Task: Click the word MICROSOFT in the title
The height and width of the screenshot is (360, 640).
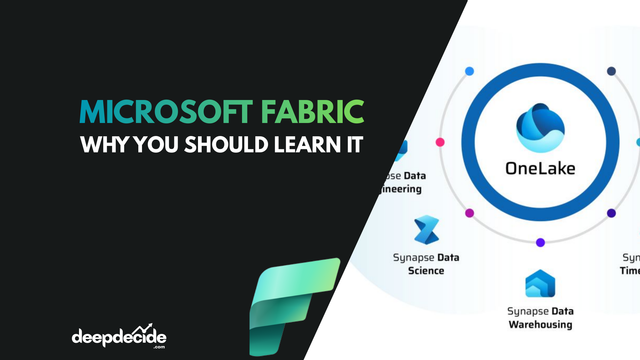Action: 166,112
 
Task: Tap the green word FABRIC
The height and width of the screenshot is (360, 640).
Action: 312,112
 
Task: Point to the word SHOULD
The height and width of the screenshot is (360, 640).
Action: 226,145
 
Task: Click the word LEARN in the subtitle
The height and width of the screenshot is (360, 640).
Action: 307,145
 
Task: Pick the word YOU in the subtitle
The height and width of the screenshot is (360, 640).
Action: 156,145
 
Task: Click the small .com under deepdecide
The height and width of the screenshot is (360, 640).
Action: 159,347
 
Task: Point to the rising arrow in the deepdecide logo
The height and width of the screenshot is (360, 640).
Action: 143,328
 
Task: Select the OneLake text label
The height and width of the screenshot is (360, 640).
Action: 540,169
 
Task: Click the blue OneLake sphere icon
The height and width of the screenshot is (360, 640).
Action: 540,128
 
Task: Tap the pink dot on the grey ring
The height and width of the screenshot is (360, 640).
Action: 440,142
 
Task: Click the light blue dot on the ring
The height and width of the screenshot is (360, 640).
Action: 469,71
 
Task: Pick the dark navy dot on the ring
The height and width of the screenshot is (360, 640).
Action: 611,71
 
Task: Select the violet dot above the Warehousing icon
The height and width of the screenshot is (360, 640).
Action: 540,242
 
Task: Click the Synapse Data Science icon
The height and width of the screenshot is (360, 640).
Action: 426,230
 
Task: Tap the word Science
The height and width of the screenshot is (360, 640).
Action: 426,271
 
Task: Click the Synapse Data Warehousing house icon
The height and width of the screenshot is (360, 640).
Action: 540,284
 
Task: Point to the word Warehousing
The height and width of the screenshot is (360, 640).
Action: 540,325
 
